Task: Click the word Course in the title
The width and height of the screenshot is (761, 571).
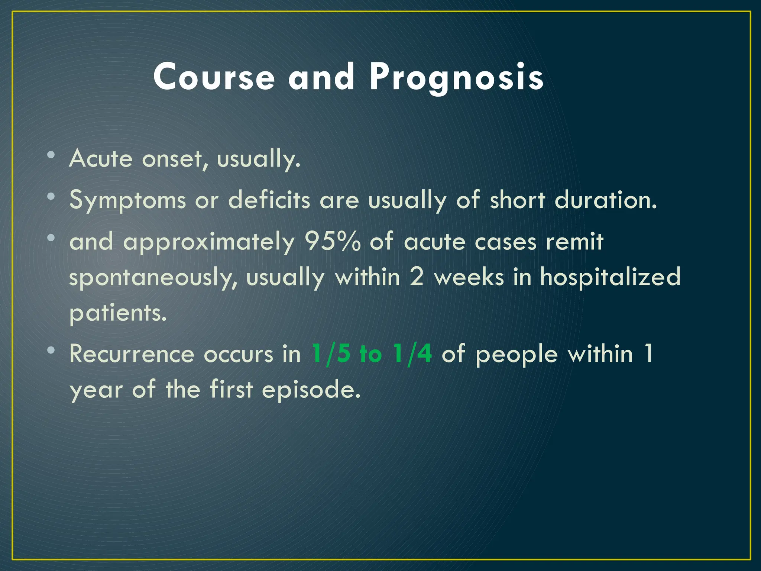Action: point(214,77)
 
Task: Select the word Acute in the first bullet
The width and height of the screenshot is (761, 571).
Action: point(101,158)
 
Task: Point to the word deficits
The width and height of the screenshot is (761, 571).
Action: point(269,200)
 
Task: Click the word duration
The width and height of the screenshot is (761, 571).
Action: point(605,200)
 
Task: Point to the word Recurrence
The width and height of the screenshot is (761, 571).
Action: point(132,354)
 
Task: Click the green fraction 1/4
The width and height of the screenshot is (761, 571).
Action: point(412,354)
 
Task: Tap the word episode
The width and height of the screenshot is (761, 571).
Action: point(311,390)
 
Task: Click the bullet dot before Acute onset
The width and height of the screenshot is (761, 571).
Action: point(51,154)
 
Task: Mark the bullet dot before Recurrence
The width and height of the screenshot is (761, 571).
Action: point(51,349)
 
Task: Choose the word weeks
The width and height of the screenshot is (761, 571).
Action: point(469,277)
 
